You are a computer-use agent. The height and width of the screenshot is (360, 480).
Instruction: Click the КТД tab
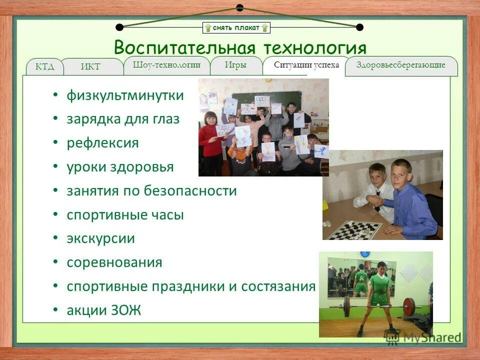[x=44, y=67]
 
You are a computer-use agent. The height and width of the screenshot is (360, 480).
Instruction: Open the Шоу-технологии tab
[x=167, y=65]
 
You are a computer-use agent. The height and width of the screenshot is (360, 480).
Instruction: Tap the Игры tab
[x=235, y=65]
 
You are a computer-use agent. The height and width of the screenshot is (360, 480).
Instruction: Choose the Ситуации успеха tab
[x=306, y=65]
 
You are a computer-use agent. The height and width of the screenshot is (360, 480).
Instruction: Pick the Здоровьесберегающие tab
[x=401, y=65]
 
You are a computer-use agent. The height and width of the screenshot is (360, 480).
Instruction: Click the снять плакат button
[x=236, y=27]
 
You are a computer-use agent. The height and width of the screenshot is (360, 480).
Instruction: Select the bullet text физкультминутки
[x=125, y=95]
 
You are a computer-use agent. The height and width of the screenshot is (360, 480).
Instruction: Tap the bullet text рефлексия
[x=102, y=143]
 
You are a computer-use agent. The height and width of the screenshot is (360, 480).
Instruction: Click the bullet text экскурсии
[x=100, y=238]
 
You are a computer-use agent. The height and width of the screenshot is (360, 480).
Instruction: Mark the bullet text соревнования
[x=114, y=262]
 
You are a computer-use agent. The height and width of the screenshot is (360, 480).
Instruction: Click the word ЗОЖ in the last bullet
[x=127, y=310]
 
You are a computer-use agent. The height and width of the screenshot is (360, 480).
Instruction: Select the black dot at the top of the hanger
[x=239, y=7]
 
